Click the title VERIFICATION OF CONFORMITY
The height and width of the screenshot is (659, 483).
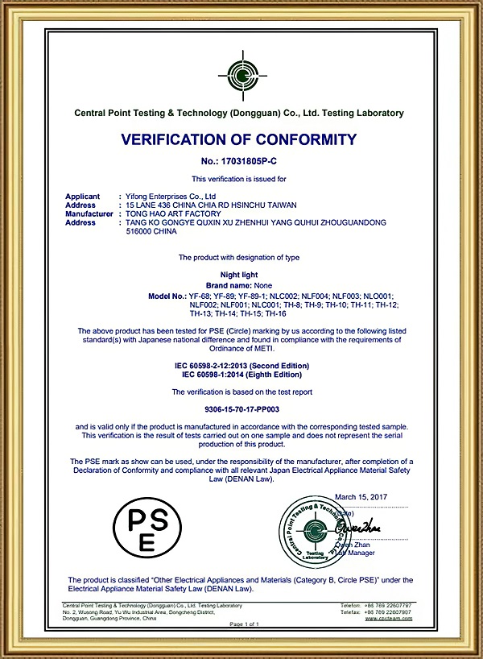(238, 139)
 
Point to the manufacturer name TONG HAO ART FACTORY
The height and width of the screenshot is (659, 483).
(168, 213)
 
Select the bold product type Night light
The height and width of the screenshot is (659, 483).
(238, 275)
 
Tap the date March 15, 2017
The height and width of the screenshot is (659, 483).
(361, 497)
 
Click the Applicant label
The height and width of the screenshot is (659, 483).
(82, 196)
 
